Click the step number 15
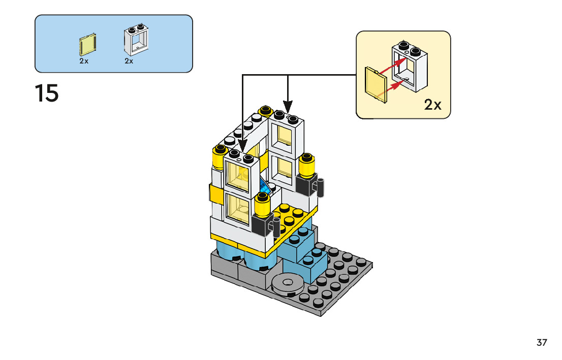47,93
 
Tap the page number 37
542,342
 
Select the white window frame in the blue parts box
136,40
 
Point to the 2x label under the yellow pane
84,61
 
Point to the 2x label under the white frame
129,61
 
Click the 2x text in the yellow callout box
432,105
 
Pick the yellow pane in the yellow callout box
376,84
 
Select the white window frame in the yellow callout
409,68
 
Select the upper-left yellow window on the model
238,175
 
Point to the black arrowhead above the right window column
288,107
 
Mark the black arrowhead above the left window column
243,145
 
